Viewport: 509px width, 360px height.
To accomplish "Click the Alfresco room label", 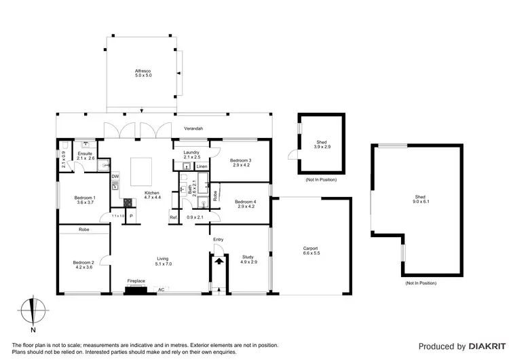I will pyautogui.click(x=142, y=71).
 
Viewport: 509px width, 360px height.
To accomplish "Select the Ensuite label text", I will pyautogui.click(x=85, y=154).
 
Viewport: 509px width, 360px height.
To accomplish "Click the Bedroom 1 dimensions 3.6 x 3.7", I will pyautogui.click(x=85, y=203).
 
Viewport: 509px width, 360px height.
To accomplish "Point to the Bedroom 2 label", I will pyautogui.click(x=84, y=262).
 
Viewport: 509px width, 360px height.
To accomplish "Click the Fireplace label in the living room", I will pyautogui.click(x=136, y=281).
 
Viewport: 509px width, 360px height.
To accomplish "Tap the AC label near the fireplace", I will pyautogui.click(x=161, y=290).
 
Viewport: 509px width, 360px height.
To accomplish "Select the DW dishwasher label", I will pyautogui.click(x=115, y=177).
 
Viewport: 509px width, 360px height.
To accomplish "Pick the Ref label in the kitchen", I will pyautogui.click(x=173, y=217).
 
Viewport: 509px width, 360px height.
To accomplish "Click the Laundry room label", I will pyautogui.click(x=191, y=153).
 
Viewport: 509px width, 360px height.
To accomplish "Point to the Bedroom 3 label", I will pyautogui.click(x=241, y=160).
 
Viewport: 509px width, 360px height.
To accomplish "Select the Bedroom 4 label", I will pyautogui.click(x=245, y=202).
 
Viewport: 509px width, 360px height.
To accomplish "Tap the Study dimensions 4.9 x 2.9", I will pyautogui.click(x=248, y=262).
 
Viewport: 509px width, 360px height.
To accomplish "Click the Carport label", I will pyautogui.click(x=310, y=249).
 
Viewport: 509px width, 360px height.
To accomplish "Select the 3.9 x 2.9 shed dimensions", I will pyautogui.click(x=322, y=147).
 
